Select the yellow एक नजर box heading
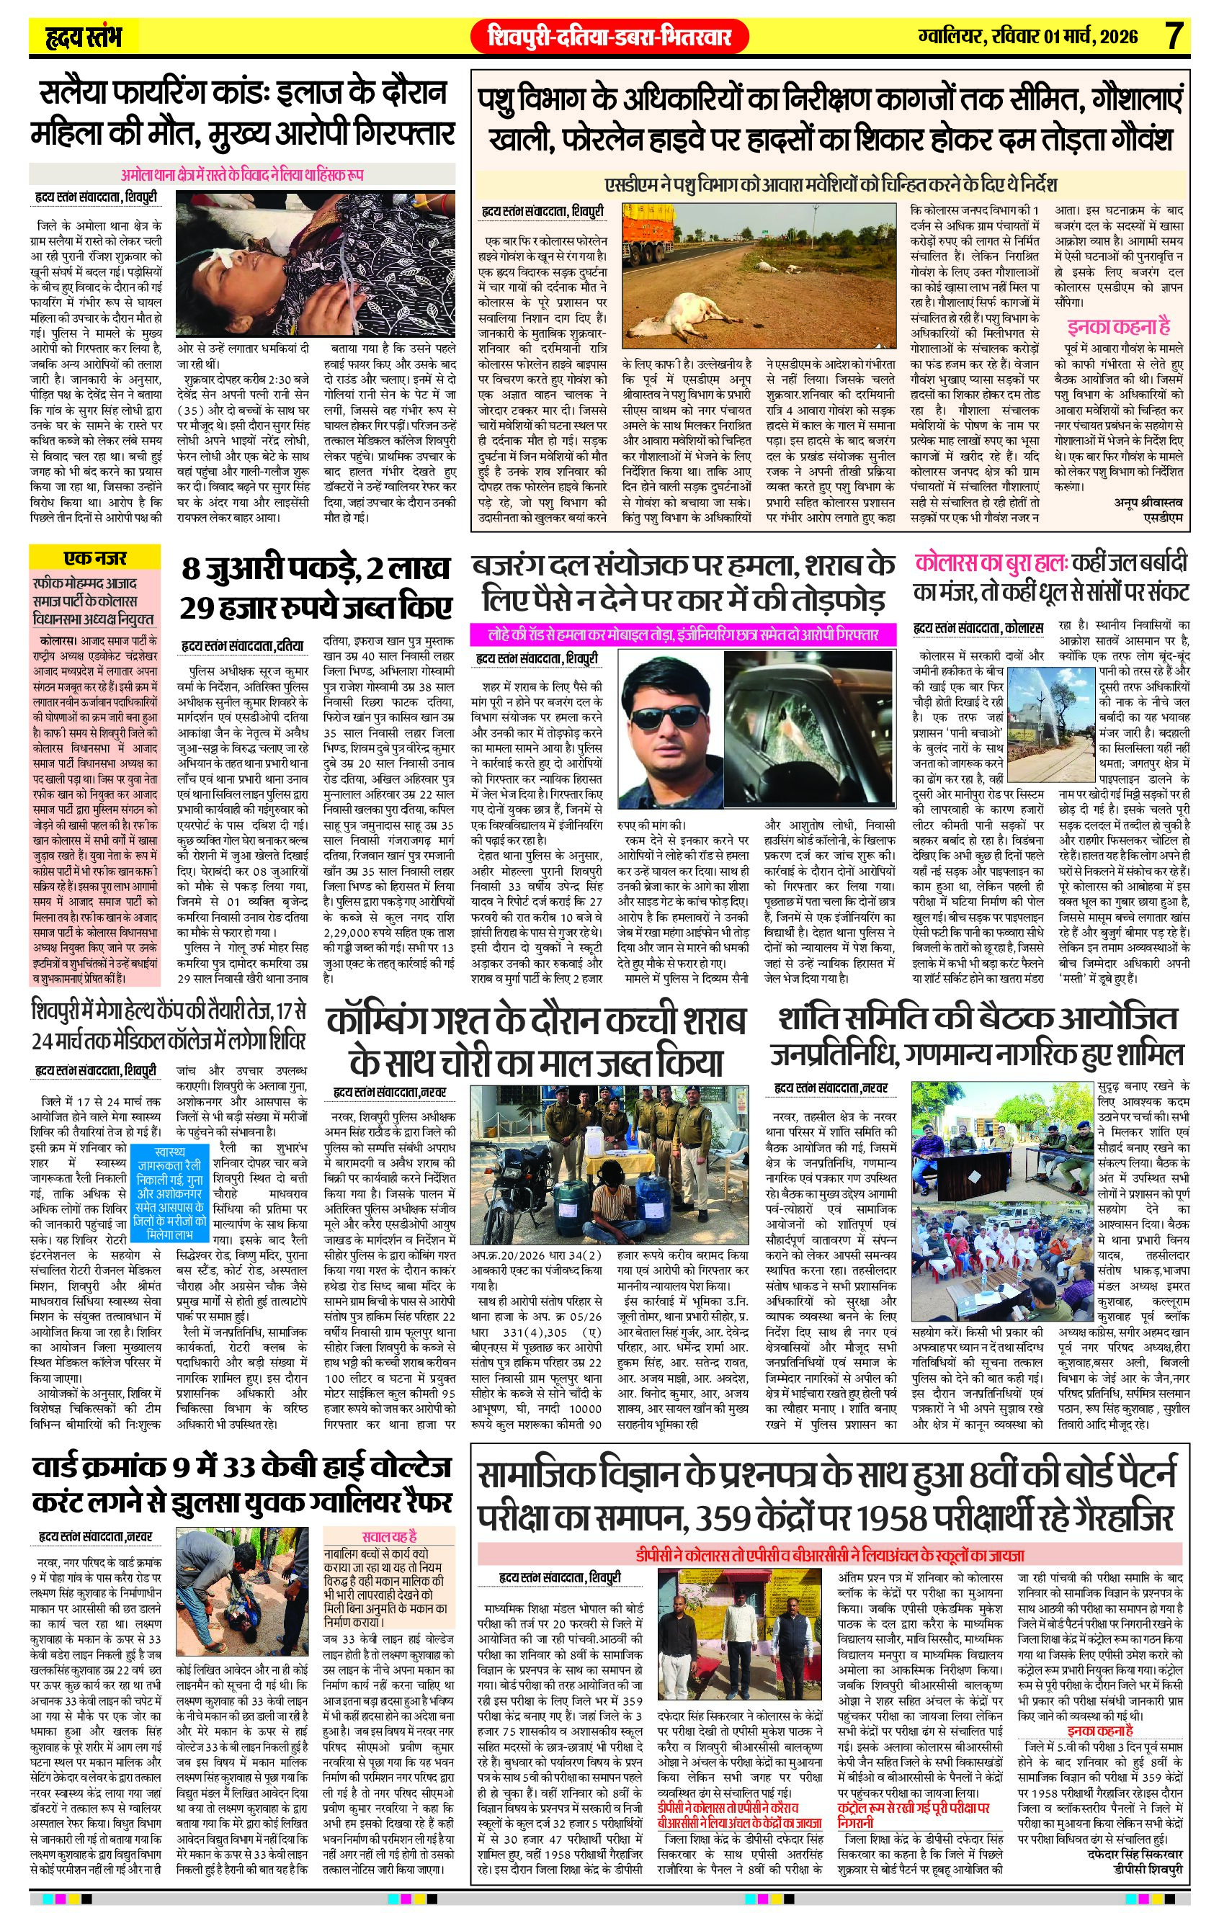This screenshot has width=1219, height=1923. click(x=95, y=558)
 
